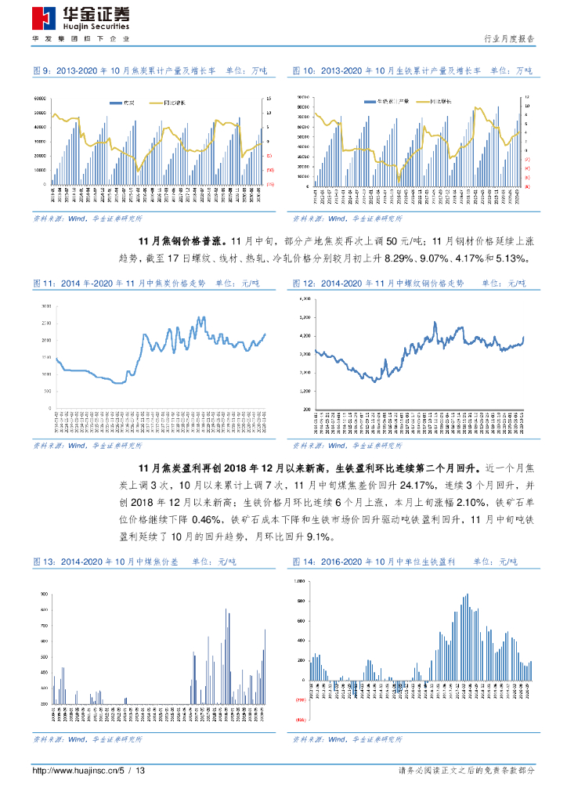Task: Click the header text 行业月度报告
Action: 509,38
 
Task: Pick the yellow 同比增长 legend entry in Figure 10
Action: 428,102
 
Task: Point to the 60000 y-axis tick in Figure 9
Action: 38,99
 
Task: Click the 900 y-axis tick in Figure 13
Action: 43,594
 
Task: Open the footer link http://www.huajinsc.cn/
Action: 74,771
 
